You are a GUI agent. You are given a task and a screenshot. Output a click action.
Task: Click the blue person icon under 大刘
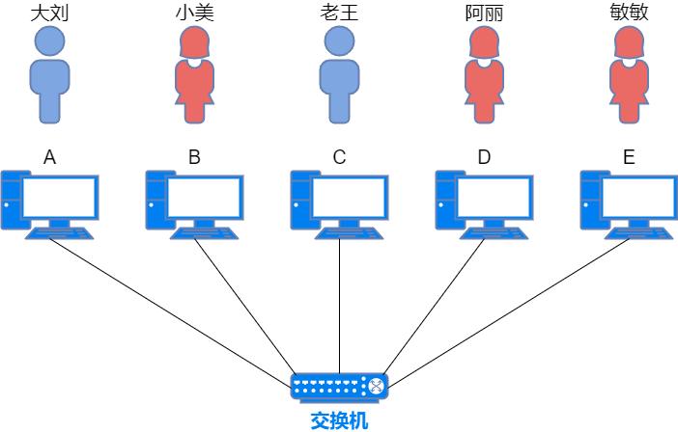coord(49,77)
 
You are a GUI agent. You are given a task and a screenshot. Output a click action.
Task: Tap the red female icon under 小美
coord(194,77)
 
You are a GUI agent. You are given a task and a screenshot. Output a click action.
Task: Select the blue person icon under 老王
coord(339,77)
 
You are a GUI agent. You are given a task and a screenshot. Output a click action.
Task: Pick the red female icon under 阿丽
coord(484,77)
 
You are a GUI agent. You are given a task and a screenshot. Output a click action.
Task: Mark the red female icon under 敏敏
coord(629,77)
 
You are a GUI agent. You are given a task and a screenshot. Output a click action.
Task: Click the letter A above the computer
coord(49,157)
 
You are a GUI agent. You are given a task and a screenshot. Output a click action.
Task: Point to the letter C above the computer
coord(339,157)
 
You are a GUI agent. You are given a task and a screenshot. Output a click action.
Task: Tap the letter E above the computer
coord(629,157)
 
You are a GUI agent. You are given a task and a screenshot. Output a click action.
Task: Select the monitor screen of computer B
coord(205,198)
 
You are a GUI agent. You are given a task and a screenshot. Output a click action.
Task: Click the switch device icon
coord(339,388)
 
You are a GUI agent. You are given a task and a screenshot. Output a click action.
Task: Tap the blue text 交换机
coord(339,420)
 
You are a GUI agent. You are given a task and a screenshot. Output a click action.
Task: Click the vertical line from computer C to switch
coord(339,309)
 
